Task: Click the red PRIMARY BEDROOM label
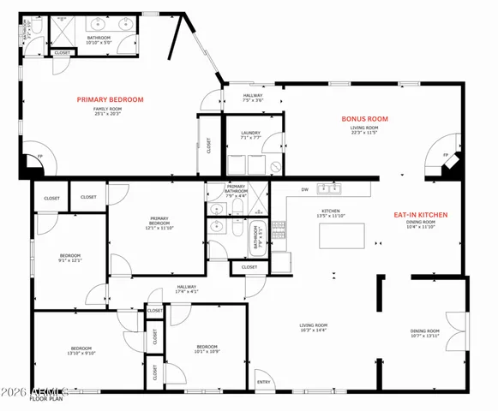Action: coord(111,99)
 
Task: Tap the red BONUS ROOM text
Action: coord(365,119)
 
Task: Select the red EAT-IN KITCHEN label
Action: coord(420,215)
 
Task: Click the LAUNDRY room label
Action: coord(251,134)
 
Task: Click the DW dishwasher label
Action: coord(304,189)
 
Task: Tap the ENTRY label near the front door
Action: coord(264,383)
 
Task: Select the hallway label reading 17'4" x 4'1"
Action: coord(187,289)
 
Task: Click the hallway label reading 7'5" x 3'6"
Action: coord(252,98)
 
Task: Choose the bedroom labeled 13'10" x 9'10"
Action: coord(82,350)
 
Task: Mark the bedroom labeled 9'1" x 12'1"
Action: coord(70,258)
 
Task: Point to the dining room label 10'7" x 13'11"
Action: coord(425,333)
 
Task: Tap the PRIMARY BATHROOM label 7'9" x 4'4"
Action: coord(237,190)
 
